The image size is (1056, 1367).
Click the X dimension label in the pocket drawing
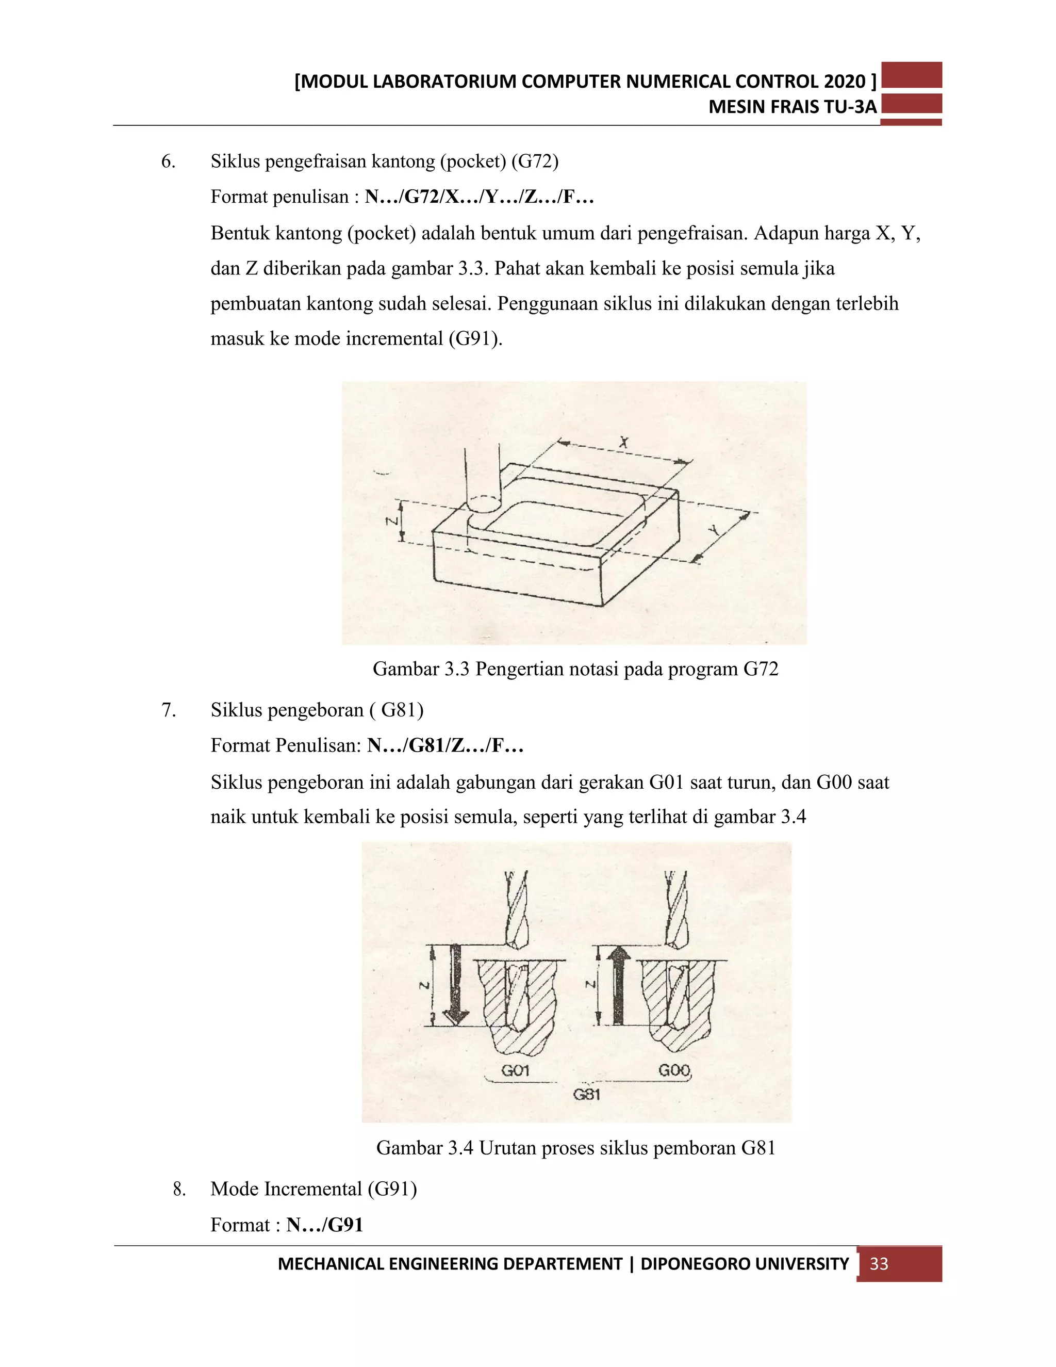click(x=623, y=443)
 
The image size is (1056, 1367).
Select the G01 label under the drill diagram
click(x=515, y=1070)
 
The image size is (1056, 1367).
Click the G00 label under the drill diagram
click(x=674, y=1070)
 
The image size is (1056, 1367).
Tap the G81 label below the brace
click(x=587, y=1095)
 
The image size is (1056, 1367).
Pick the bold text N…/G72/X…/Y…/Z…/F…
click(x=479, y=197)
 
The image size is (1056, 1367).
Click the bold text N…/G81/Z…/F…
click(x=445, y=745)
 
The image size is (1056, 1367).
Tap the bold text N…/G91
click(x=325, y=1225)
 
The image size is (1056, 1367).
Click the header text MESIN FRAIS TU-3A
click(x=792, y=107)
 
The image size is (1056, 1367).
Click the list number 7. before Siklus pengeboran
click(x=168, y=710)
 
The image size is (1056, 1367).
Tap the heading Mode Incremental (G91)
click(x=313, y=1189)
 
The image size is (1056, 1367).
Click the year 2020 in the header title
click(x=845, y=82)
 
